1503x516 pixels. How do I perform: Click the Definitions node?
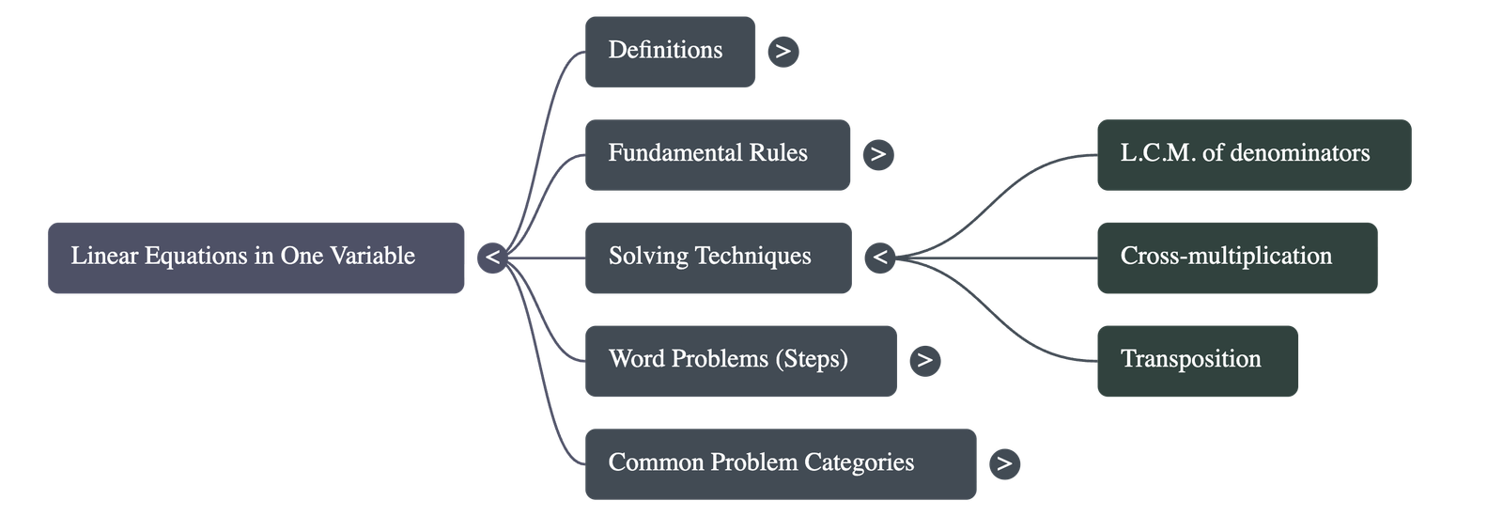coord(669,51)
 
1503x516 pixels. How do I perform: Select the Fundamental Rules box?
coord(717,154)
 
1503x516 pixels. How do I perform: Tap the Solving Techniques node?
coord(717,257)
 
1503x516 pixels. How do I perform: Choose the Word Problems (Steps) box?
coord(739,360)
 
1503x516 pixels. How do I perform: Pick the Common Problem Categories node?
coord(779,463)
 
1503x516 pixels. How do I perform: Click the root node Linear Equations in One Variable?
coord(256,257)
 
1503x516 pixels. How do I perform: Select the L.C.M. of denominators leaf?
coord(1253,154)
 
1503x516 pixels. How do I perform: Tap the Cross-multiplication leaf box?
coord(1236,257)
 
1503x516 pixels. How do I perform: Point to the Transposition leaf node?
coord(1197,360)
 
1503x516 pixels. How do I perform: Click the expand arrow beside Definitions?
coord(783,51)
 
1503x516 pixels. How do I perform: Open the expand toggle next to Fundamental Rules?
coord(878,154)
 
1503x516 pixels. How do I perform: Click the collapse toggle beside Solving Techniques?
coord(879,257)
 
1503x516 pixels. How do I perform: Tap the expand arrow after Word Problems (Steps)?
coord(925,360)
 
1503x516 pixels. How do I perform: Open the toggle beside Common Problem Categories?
coord(1004,463)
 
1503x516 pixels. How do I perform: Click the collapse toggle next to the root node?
coord(492,257)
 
